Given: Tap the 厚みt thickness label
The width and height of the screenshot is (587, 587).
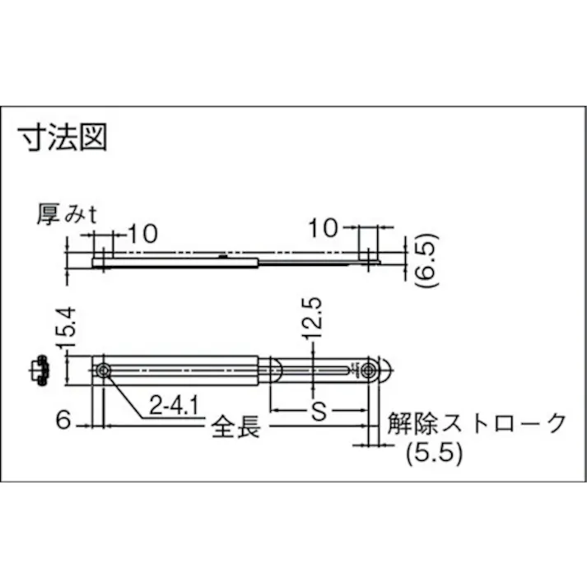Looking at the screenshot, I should pyautogui.click(x=68, y=216).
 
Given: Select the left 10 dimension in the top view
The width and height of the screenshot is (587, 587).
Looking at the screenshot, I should pyautogui.click(x=141, y=233).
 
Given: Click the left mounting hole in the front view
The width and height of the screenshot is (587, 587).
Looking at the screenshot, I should pyautogui.click(x=102, y=372).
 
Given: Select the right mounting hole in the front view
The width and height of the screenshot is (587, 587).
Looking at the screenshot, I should pyautogui.click(x=368, y=371).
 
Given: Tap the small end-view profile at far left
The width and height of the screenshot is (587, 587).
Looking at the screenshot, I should pyautogui.click(x=39, y=370).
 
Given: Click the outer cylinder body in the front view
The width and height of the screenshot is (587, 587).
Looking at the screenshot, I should pyautogui.click(x=181, y=371).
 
